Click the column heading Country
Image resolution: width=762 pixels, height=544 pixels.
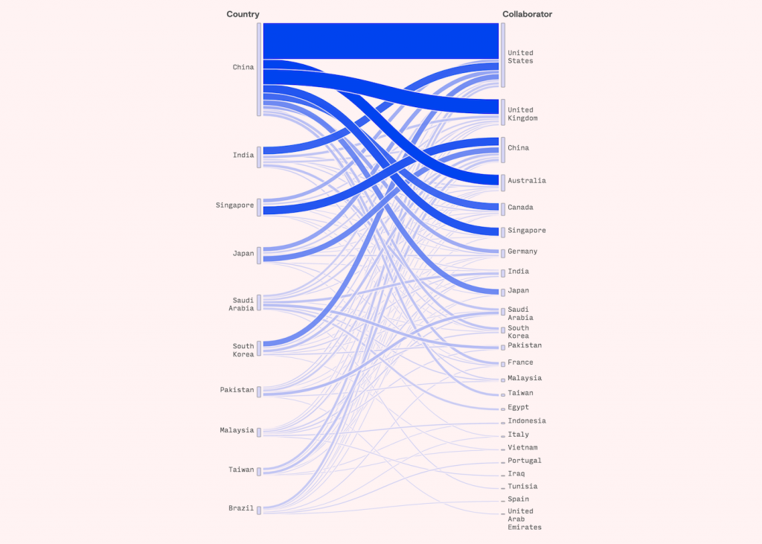click(243, 14)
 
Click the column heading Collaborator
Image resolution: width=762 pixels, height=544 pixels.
click(528, 14)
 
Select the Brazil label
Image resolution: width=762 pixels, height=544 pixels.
click(241, 509)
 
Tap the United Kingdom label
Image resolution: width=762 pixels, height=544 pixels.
click(522, 114)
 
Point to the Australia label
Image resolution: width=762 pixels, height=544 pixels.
click(527, 181)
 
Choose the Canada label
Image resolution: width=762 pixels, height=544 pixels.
click(521, 208)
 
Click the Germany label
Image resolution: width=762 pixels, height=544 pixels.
click(522, 252)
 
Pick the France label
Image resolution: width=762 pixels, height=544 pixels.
click(520, 362)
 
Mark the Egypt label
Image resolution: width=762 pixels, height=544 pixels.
click(519, 407)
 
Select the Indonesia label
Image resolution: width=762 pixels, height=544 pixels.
click(527, 421)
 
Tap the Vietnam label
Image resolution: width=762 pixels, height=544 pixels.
click(522, 448)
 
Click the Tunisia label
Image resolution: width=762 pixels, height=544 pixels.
click(522, 487)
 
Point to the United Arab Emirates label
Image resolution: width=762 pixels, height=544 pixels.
click(524, 519)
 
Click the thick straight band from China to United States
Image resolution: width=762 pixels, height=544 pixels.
click(380, 40)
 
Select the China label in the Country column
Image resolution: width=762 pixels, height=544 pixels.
click(243, 68)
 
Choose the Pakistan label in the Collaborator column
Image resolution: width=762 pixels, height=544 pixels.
click(525, 345)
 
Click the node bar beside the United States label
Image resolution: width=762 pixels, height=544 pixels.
click(503, 55)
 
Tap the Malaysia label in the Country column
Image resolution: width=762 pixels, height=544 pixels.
click(237, 431)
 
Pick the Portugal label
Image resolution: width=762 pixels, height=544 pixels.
click(525, 461)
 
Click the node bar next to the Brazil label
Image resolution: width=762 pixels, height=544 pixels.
click(259, 510)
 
